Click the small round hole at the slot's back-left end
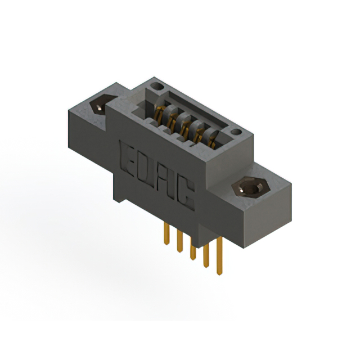(159, 87)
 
